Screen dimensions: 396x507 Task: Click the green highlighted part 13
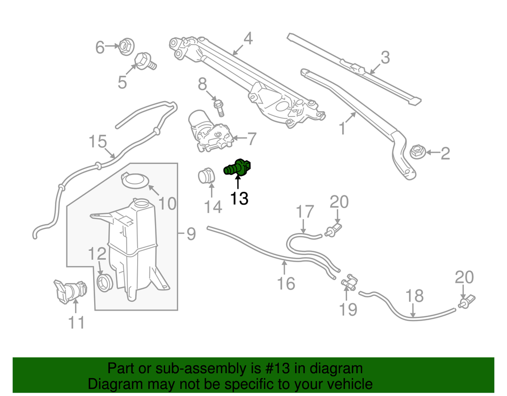(238, 168)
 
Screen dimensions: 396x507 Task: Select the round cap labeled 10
(135, 180)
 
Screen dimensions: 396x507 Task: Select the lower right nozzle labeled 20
(467, 300)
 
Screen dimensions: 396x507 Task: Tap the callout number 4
(248, 38)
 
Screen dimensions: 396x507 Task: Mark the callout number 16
(286, 283)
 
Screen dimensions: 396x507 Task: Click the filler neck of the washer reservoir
(141, 203)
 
